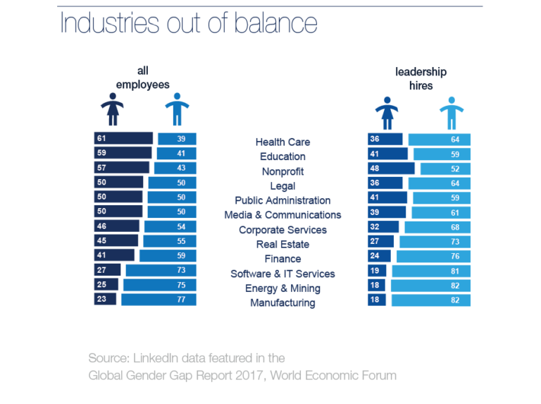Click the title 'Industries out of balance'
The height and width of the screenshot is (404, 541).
(189, 23)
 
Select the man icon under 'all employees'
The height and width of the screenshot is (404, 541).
(175, 109)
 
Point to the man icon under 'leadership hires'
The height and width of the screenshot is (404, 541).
(452, 113)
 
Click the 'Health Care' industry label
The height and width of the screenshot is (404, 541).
(282, 142)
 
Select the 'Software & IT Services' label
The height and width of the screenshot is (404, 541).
(282, 274)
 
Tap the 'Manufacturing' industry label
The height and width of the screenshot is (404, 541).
(282, 303)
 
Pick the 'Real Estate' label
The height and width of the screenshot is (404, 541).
(282, 245)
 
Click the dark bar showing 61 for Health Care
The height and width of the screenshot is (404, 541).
(123, 139)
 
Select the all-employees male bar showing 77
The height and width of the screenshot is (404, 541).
(158, 300)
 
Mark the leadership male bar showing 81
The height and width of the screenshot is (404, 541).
(431, 271)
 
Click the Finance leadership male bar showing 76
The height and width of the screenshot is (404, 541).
(433, 256)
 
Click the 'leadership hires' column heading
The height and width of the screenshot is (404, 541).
(421, 78)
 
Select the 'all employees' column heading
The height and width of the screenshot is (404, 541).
(143, 78)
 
